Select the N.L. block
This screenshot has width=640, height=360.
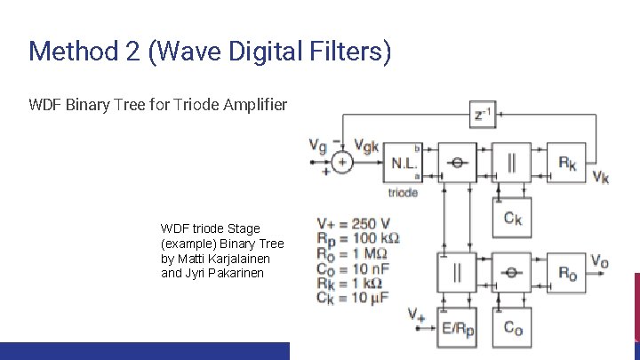[405, 163]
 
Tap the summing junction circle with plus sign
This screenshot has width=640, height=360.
[340, 162]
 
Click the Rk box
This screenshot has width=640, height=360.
[566, 161]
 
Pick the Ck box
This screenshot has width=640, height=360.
[511, 218]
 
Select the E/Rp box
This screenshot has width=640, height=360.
[457, 329]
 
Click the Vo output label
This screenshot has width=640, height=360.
[601, 261]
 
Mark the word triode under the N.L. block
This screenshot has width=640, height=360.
[403, 192]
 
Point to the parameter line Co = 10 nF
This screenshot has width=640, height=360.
[353, 268]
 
